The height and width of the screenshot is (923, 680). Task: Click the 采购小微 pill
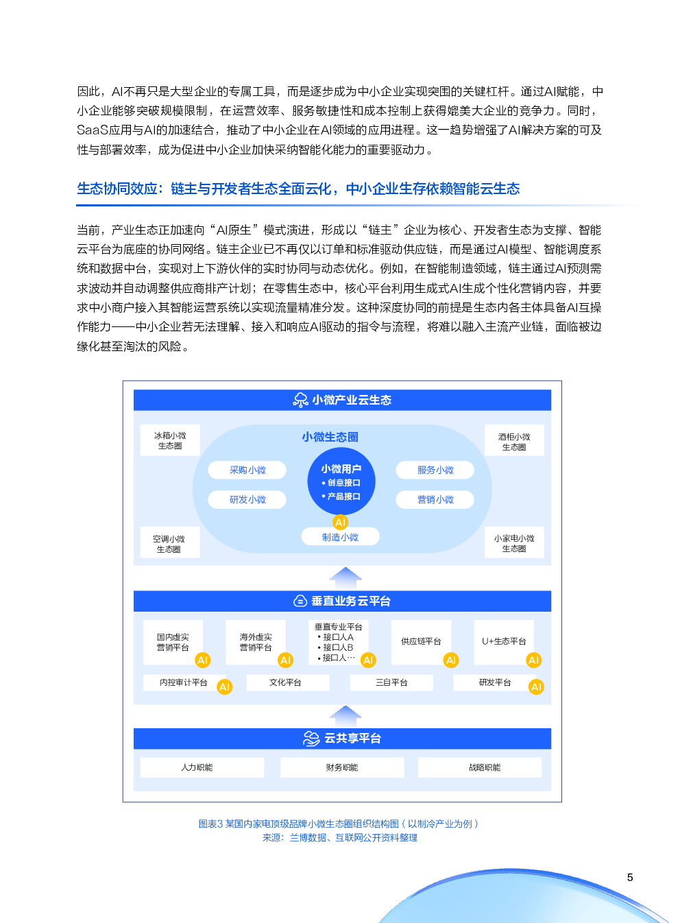(x=247, y=470)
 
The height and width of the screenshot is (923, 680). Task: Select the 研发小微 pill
(x=247, y=499)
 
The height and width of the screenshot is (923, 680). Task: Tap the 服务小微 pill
(x=435, y=470)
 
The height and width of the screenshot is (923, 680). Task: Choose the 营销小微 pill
(x=435, y=499)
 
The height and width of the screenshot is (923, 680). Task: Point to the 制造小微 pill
(x=341, y=537)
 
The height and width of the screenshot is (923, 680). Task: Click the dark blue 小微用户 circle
(x=341, y=481)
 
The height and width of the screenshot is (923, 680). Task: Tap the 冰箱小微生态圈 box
(x=170, y=440)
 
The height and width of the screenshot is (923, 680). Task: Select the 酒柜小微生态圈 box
(x=514, y=442)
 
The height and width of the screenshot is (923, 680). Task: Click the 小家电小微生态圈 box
(x=514, y=543)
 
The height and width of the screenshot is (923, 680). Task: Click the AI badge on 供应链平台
(x=451, y=660)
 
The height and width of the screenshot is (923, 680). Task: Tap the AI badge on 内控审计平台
(x=225, y=686)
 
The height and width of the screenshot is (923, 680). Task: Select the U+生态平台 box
(x=504, y=641)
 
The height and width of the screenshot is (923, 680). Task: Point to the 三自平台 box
(x=391, y=682)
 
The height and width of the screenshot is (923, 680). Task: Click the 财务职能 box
(x=342, y=767)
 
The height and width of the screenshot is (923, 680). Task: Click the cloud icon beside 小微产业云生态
(x=300, y=400)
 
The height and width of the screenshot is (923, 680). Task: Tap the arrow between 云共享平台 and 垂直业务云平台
(x=345, y=717)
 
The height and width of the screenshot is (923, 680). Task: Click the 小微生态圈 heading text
(x=330, y=437)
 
